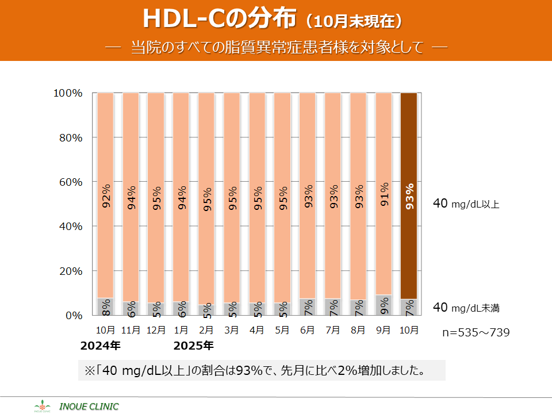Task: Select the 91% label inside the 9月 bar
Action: [384, 194]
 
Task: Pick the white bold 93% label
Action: [409, 197]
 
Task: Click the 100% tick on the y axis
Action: [68, 93]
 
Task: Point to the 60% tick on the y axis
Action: [70, 182]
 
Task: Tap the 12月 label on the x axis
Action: [156, 331]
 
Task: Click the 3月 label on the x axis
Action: [232, 331]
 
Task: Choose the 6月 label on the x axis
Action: [307, 331]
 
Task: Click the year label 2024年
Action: [101, 346]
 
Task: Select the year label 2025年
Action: [194, 346]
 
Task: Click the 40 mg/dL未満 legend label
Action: [466, 308]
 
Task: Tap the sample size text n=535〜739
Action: [476, 332]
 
